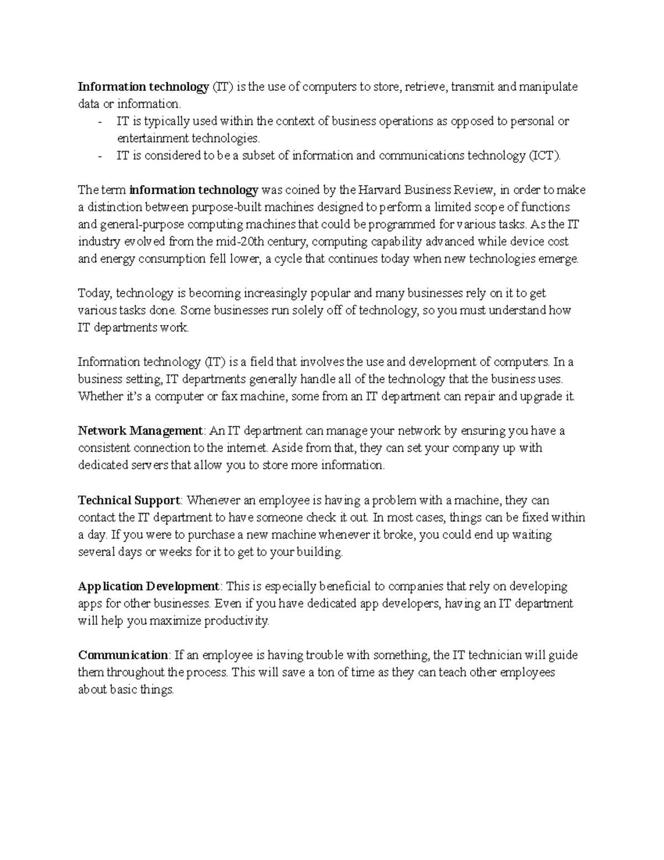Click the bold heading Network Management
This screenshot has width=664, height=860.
point(140,431)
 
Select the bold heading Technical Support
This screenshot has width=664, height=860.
point(129,500)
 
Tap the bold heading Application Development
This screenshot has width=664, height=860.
point(149,586)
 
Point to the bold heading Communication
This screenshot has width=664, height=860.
point(123,655)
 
